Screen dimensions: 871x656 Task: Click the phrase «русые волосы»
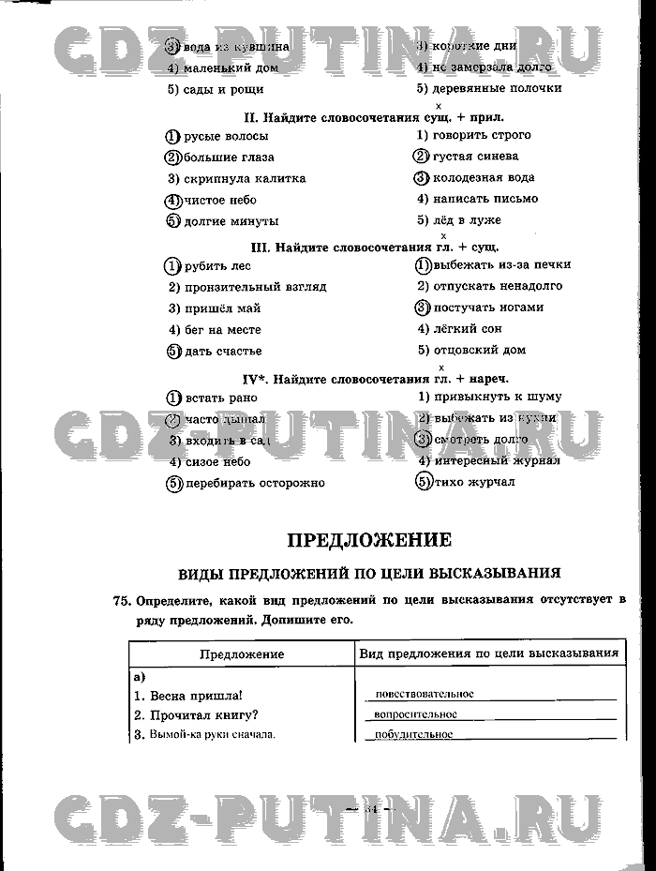227,136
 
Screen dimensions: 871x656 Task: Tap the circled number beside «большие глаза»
171,158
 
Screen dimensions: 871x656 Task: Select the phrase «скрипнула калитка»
245,178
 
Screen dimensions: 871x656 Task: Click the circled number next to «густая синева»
422,157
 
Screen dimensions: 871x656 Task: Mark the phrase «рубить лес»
217,265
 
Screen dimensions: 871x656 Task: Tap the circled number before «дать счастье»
172,352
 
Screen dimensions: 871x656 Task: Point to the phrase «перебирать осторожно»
255,483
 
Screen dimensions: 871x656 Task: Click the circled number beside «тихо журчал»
424,482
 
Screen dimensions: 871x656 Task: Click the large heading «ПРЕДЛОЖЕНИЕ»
368,540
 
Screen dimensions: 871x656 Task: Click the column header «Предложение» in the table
242,654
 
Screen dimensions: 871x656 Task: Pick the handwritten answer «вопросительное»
416,714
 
